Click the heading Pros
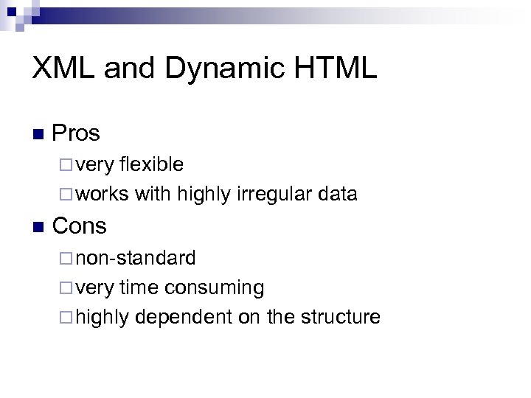(x=77, y=133)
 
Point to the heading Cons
(x=80, y=226)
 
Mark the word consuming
(x=215, y=287)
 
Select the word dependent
(x=180, y=317)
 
